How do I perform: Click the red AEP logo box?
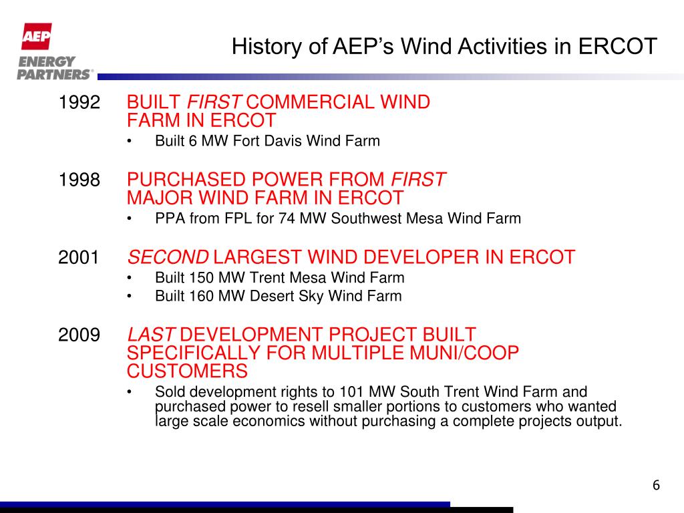pyautogui.click(x=35, y=36)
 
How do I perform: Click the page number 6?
pyautogui.click(x=656, y=485)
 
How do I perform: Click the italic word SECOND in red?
pyautogui.click(x=168, y=257)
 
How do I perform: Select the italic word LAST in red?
pyautogui.click(x=152, y=335)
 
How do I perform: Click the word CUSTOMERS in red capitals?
pyautogui.click(x=187, y=371)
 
